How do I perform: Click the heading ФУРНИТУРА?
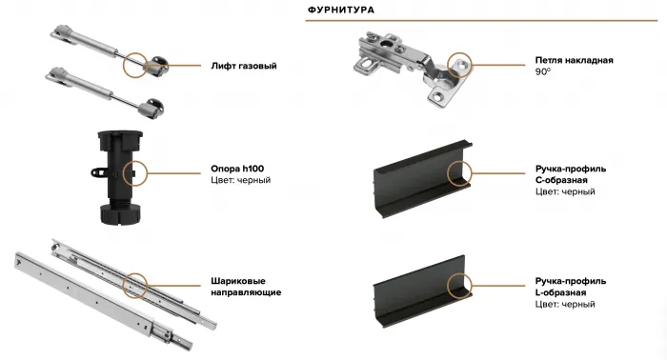coord(340,10)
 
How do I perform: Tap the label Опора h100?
coord(237,168)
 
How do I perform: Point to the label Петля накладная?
coord(574,60)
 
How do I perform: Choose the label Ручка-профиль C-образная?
coord(572,174)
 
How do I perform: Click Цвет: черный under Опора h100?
coord(241,180)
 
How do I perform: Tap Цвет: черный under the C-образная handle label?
coord(565,191)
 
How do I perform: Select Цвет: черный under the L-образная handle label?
coord(565,304)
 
